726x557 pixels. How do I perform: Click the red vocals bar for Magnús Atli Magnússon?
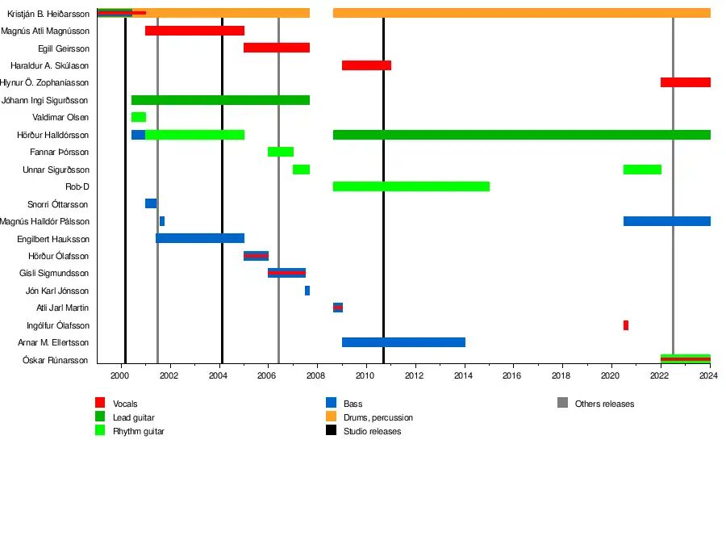coord(194,31)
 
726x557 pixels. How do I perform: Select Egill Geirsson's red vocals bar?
coord(277,48)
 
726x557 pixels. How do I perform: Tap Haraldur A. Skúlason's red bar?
coord(366,65)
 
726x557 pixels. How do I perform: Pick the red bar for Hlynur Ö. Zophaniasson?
coord(685,82)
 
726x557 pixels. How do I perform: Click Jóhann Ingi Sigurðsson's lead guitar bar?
coord(220,100)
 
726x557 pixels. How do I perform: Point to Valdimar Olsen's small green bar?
coord(139,117)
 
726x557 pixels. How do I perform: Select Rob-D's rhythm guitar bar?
coord(411,186)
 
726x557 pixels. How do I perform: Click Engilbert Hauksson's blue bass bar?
coord(200,238)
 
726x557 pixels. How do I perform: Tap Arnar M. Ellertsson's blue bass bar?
coord(403,342)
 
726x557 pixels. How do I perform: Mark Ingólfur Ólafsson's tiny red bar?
coord(626,325)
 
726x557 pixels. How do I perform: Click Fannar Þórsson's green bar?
coord(281,152)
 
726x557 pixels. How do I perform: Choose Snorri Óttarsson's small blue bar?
coord(151,203)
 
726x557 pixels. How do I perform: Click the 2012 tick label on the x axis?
coord(414,375)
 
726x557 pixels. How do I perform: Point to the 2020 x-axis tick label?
coord(611,375)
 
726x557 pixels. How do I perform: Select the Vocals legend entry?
coord(124,404)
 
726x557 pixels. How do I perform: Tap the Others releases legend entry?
coord(604,404)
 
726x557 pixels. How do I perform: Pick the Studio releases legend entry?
coord(372,431)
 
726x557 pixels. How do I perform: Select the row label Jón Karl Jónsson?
coord(57,291)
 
